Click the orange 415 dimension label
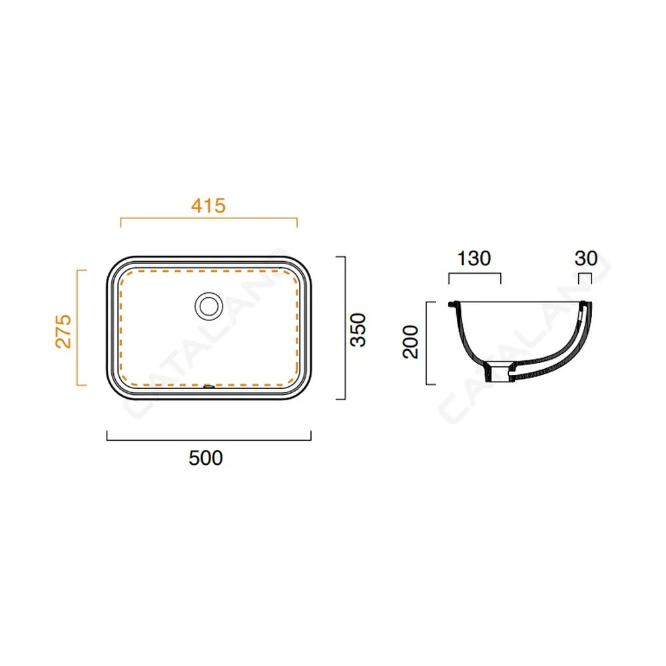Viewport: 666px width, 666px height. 208,206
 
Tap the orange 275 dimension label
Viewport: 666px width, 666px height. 63,331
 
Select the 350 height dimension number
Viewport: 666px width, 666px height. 358,330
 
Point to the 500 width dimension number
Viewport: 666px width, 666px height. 206,458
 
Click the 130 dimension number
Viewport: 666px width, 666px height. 474,258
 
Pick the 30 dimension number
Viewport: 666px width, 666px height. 585,258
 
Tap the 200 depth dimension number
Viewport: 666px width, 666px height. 411,342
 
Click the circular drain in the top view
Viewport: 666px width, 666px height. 208,306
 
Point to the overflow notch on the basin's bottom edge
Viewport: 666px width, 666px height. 208,386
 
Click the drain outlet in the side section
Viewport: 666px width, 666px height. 499,372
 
